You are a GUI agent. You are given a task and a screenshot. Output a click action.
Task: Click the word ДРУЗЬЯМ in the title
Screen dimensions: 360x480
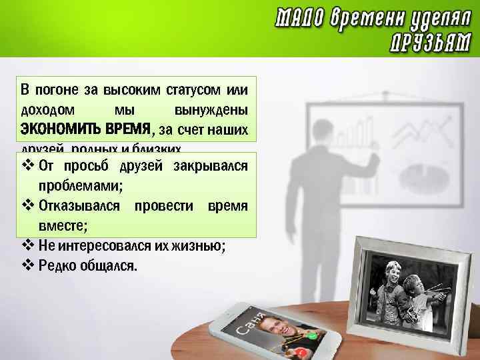(431, 42)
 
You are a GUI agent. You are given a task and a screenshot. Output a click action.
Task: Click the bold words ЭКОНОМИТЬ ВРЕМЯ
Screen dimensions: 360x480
(86, 129)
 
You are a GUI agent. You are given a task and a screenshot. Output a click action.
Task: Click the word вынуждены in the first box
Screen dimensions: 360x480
(211, 109)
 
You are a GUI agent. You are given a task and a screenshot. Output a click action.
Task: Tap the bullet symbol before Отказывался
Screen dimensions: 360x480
(27, 205)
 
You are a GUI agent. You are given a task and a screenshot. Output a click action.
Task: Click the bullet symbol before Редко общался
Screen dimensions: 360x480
(27, 266)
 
